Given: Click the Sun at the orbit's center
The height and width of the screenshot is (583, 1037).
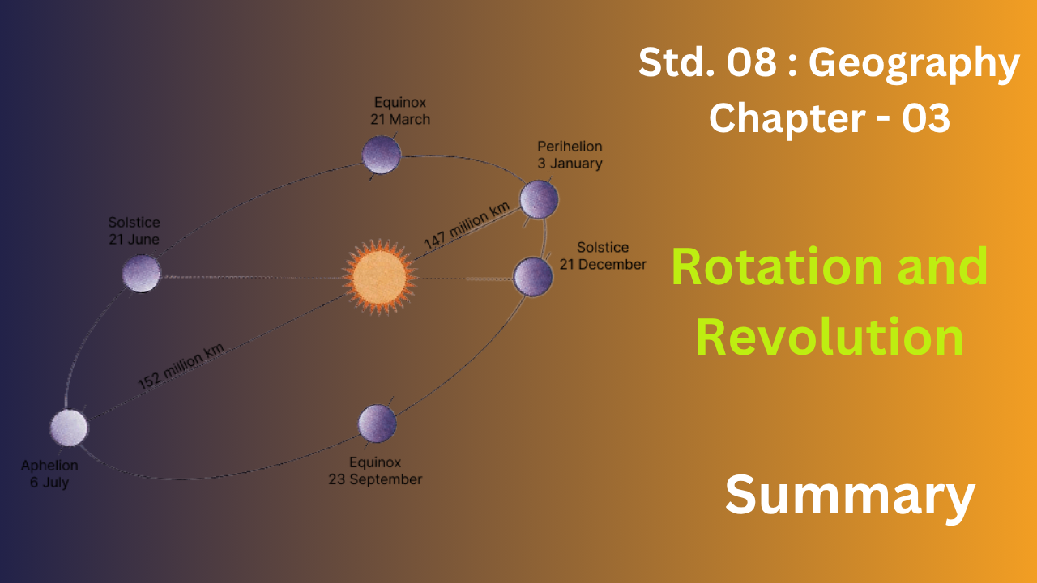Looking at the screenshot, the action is point(380,277).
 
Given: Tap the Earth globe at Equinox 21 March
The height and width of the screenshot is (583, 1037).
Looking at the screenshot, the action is point(381,155).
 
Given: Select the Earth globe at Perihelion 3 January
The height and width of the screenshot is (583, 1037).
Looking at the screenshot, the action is point(539,199).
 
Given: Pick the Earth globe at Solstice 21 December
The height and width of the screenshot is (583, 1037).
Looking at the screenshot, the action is point(533,277).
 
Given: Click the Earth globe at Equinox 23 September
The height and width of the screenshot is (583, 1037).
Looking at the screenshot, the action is point(377,423).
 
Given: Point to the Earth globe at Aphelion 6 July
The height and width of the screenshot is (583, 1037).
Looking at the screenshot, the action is point(69,428).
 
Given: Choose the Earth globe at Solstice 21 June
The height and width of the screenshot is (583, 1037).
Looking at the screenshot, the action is point(141,273).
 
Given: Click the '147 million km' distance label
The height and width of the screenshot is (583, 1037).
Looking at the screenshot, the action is point(467,226).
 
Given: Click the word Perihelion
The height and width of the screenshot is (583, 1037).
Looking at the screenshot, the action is point(570,147).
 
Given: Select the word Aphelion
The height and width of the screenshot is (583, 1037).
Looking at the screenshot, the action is point(49,466).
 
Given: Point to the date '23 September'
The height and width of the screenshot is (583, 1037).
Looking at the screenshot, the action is point(375,479).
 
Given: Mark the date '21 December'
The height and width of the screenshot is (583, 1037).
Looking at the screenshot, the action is point(603,264).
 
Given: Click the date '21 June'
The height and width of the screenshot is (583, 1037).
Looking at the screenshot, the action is point(134,239).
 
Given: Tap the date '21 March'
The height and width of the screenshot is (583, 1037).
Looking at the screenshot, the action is point(400,119).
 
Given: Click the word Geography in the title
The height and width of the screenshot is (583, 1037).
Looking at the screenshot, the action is point(914,64).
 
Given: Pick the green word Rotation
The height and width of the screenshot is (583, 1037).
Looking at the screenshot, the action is point(777,267).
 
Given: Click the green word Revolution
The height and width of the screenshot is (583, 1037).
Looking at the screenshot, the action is point(830,337).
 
